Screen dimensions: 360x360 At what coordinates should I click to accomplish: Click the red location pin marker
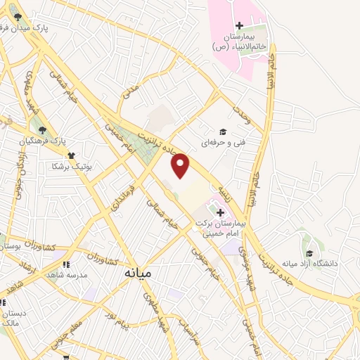pyautogui.click(x=181, y=166)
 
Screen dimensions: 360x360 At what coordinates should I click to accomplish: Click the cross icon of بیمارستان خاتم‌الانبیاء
pyautogui.click(x=239, y=26)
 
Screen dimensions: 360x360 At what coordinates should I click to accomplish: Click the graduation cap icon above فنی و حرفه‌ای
pyautogui.click(x=223, y=131)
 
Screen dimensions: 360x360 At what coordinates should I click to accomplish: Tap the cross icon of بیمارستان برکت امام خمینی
pyautogui.click(x=219, y=212)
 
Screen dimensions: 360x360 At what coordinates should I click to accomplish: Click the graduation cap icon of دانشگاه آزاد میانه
pyautogui.click(x=309, y=253)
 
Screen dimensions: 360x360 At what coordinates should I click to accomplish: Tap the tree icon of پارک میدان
pyautogui.click(x=18, y=18)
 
